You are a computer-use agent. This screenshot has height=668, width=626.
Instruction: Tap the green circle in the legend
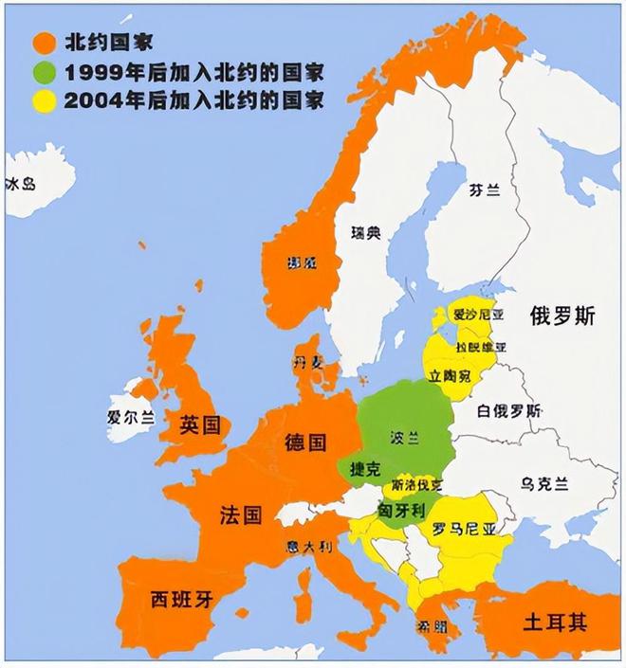[x=42, y=72]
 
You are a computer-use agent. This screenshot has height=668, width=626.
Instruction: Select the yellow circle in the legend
[x=42, y=100]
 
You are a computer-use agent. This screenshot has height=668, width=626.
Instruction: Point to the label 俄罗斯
[x=562, y=317]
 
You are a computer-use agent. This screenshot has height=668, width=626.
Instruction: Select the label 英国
[x=200, y=424]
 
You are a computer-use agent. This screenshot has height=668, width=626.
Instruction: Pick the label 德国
[x=305, y=442]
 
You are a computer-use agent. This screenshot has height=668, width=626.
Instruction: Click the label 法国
[x=241, y=515]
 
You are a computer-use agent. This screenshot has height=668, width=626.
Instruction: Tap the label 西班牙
[x=180, y=599]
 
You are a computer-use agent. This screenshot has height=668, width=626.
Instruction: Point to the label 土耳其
[x=555, y=623]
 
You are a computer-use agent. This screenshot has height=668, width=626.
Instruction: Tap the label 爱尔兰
[x=130, y=416]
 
